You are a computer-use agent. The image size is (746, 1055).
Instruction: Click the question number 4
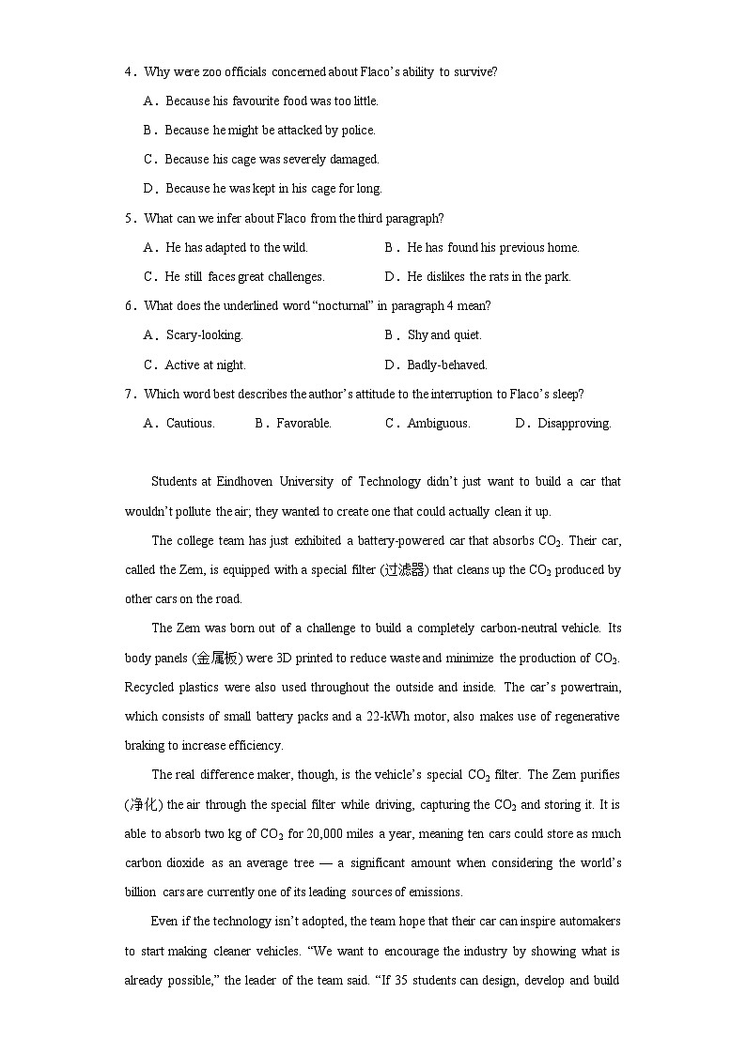[129, 71]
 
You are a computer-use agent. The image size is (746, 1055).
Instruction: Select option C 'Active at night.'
[205, 365]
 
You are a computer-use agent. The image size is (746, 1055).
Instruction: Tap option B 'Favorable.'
[303, 423]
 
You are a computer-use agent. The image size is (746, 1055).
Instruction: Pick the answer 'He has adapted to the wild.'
[236, 247]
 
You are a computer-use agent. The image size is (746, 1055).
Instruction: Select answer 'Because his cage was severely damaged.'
[272, 159]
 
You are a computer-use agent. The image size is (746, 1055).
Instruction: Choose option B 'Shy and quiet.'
[444, 334]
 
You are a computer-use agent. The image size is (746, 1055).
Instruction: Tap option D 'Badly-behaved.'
[446, 365]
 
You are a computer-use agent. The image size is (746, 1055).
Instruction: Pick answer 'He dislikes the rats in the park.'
[489, 276]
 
